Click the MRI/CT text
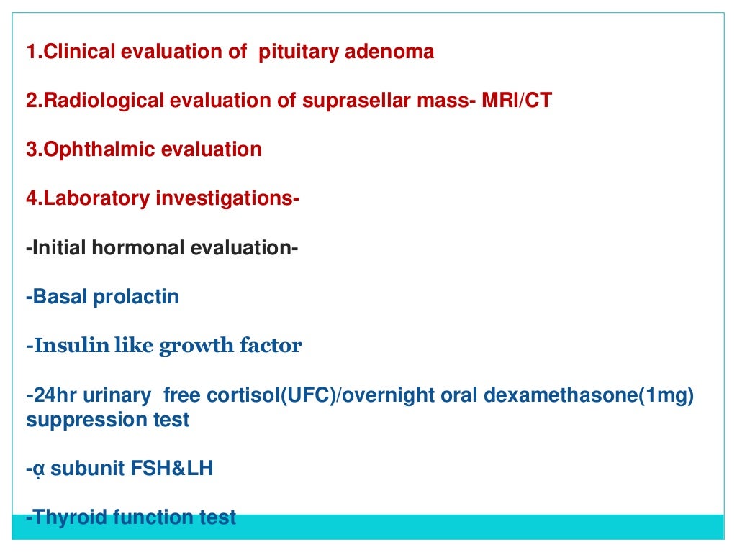[x=517, y=101]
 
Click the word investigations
[x=224, y=198]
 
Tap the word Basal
[x=60, y=297]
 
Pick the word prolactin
[x=136, y=297]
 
